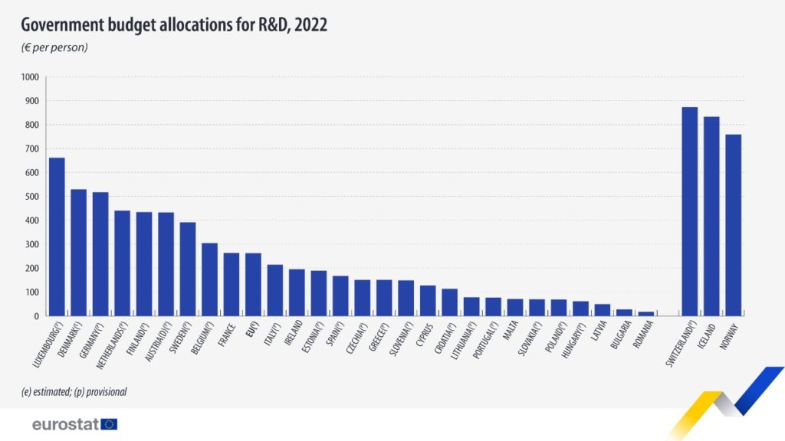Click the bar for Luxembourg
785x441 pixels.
[57, 237]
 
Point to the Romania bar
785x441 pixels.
[646, 313]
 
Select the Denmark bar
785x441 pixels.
[78, 253]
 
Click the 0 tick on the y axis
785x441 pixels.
[36, 316]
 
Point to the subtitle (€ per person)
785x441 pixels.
[54, 47]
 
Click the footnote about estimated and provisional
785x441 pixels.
[74, 391]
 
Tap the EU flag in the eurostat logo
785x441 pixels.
[109, 424]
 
